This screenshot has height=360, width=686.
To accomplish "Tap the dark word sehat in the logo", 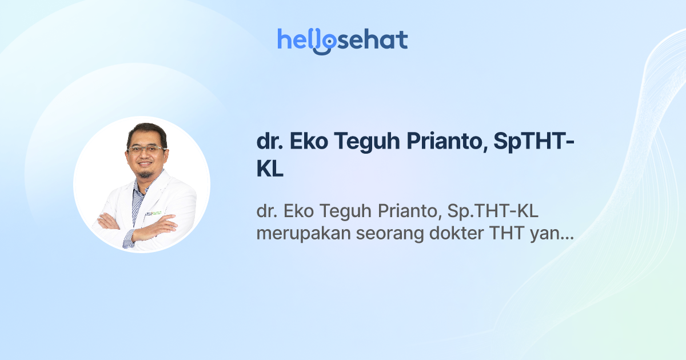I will point(372,40).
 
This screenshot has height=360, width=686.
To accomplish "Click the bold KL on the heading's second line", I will point(270,170).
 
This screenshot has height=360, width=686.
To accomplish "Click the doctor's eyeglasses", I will point(147,149).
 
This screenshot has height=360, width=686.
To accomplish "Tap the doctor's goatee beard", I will point(146,173).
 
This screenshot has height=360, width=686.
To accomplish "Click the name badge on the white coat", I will point(153,214).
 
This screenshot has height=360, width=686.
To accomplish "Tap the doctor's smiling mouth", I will point(146,165).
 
